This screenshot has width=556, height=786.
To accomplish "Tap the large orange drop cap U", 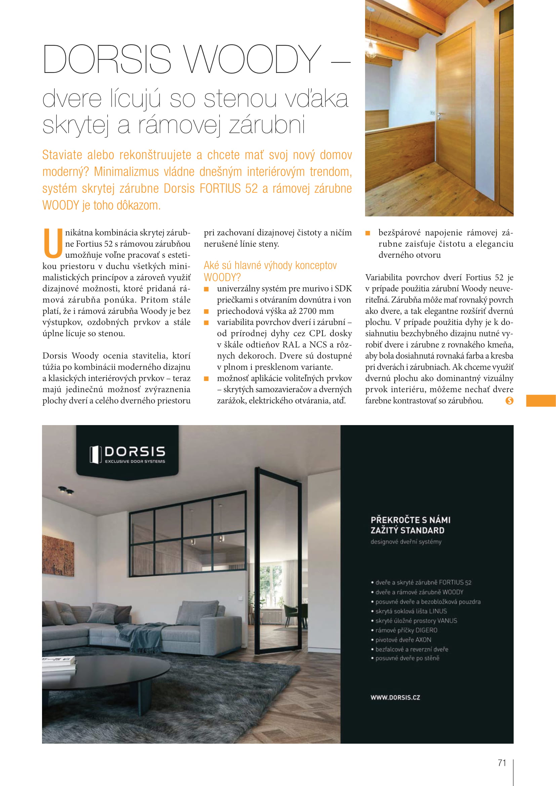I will click(x=53, y=243).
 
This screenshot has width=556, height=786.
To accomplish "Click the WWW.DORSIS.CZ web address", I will click(x=395, y=698).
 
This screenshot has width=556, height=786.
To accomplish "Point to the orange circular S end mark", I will click(x=509, y=401).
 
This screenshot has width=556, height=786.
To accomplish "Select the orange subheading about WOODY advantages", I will click(x=270, y=271).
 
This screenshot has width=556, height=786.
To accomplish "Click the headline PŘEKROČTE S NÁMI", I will click(x=410, y=520).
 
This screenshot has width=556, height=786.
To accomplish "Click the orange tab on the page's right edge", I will click(x=541, y=401).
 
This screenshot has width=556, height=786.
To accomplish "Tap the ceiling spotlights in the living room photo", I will click(x=66, y=490).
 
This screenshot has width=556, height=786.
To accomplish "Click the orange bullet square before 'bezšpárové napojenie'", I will click(x=368, y=233).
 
